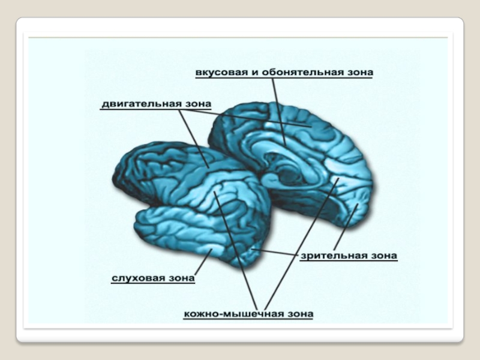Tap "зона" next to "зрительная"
click(384, 256)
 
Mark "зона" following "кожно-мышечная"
click(300, 313)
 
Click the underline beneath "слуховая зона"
click(153, 285)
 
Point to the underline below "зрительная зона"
click(348, 262)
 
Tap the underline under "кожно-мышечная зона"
click(248, 320)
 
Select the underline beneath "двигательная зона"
click(156, 110)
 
